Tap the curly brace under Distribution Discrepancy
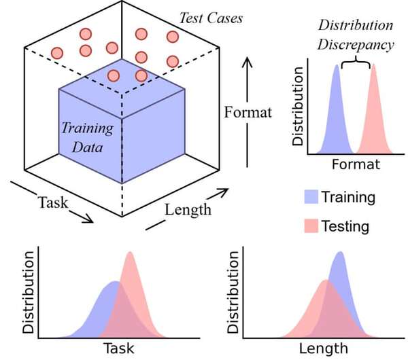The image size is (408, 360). coord(355,65)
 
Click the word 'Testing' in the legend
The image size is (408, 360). coord(345,226)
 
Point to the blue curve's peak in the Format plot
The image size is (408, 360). coord(336,66)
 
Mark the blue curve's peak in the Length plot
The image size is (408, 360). coord(340,253)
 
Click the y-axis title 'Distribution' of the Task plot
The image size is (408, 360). coord(29,293)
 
